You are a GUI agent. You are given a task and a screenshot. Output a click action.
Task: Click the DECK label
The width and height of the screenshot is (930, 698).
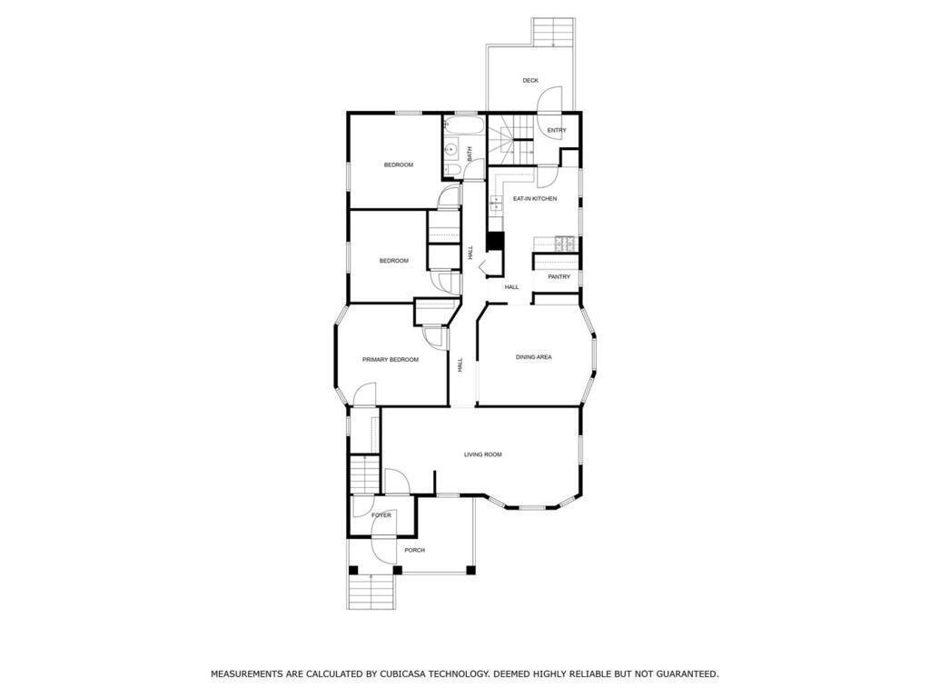(x=530, y=81)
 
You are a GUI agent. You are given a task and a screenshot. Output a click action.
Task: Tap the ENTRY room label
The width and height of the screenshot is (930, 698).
(x=557, y=131)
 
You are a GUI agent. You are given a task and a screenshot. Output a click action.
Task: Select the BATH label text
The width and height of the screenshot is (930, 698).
(x=470, y=155)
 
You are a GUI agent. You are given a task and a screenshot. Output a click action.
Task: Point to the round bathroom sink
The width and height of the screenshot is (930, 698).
(x=451, y=150)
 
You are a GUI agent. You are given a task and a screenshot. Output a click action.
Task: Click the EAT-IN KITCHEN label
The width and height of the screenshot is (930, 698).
(x=535, y=199)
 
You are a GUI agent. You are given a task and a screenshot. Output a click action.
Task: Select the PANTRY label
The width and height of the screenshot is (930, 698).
(x=559, y=277)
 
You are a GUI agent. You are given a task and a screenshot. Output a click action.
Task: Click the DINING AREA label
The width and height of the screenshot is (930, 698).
(x=534, y=357)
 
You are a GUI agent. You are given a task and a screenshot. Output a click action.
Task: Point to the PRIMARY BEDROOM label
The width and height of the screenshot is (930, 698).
(x=391, y=360)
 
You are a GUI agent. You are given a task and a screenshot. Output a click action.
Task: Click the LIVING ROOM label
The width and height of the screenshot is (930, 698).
(x=483, y=454)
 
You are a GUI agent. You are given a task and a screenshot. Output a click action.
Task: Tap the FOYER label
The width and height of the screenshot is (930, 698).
(x=381, y=516)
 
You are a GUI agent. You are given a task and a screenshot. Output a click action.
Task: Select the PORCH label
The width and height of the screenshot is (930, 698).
(x=414, y=550)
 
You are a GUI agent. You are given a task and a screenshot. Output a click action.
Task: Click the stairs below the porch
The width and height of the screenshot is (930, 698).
(x=371, y=592)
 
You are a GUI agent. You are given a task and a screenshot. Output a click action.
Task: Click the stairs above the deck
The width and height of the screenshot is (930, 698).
(x=553, y=32)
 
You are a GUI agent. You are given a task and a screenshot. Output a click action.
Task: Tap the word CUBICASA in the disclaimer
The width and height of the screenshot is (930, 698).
(x=398, y=674)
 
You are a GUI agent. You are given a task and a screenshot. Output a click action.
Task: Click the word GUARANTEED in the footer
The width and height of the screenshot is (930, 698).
(x=690, y=674)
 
